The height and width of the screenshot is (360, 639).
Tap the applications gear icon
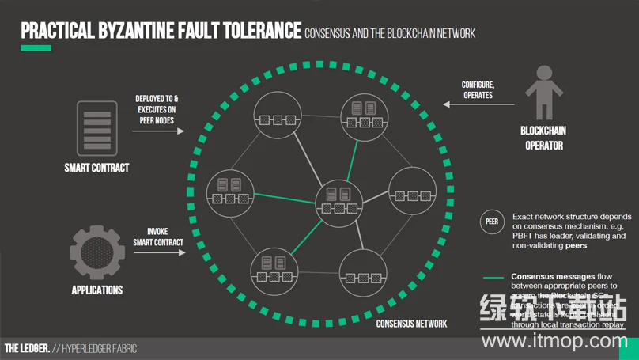[x=97, y=252]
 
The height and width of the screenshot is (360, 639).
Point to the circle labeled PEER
[x=492, y=222]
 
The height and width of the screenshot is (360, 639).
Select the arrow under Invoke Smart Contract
[x=159, y=253]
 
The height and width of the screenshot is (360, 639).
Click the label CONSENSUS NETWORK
[x=411, y=324]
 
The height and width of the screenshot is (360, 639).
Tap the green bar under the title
[x=36, y=48]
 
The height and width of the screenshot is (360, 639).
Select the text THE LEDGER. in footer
[x=27, y=348]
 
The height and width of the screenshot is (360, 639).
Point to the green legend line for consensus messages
[x=494, y=278]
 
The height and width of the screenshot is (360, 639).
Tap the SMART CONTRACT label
[x=96, y=168]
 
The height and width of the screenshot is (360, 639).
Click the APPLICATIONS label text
[x=97, y=290]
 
